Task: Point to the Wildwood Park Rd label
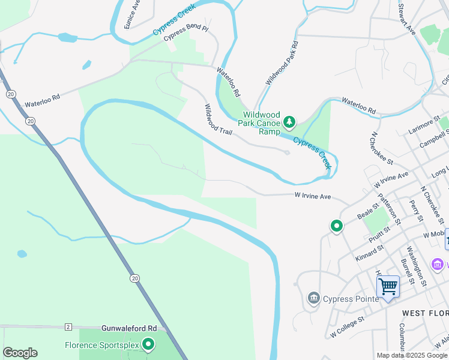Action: [x=282, y=63]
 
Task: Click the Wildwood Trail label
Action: [x=217, y=119]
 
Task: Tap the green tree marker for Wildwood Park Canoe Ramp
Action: [x=290, y=122]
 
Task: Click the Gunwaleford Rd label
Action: [x=128, y=329]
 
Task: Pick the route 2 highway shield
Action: [x=68, y=327]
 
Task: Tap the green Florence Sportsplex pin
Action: [x=148, y=344]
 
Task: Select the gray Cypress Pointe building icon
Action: [x=313, y=298]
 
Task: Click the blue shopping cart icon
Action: [x=388, y=287]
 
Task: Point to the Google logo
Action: [x=20, y=353]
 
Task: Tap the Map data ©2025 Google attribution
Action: [x=412, y=355]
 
